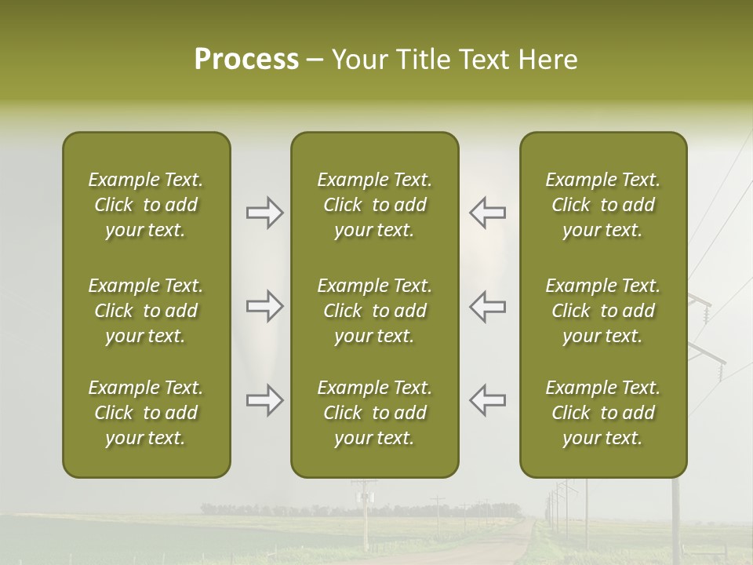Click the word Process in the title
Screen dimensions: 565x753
[x=246, y=60]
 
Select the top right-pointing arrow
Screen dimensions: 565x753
[x=264, y=213]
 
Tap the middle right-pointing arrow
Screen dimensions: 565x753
[x=264, y=306]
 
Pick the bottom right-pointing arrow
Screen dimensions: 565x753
[x=264, y=400]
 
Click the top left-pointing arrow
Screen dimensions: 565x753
[x=487, y=213]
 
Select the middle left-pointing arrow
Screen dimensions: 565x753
[x=487, y=306]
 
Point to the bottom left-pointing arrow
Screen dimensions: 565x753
[x=487, y=400]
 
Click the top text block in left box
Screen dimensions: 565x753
[x=146, y=205]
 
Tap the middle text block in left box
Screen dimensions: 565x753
[x=146, y=311]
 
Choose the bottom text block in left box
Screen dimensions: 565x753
[x=146, y=413]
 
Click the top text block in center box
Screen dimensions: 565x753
[x=374, y=205]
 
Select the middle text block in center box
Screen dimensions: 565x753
[x=374, y=311]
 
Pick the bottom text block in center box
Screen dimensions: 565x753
[x=374, y=413]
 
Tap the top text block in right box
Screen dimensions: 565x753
[x=602, y=205]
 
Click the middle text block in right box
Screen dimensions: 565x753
[x=602, y=311]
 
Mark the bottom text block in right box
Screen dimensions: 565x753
[x=602, y=413]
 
